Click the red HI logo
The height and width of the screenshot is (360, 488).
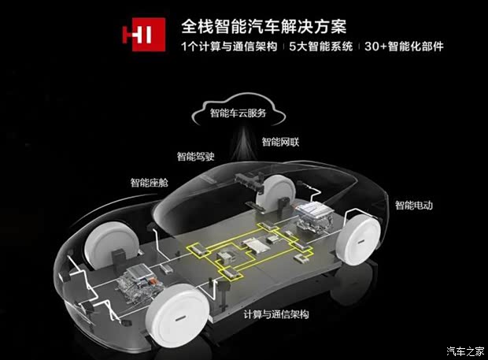click(144, 34)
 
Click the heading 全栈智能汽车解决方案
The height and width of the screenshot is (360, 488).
click(264, 27)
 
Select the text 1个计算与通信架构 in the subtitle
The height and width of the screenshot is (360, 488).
click(229, 46)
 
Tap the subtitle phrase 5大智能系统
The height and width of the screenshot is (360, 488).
click(321, 46)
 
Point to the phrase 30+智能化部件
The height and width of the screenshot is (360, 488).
click(404, 46)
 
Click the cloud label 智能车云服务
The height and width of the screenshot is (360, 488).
click(238, 113)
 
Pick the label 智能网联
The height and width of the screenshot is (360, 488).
click(280, 142)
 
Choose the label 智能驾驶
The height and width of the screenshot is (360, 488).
click(196, 156)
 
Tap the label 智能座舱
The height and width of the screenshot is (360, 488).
click(149, 183)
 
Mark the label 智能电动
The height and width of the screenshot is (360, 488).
click(414, 206)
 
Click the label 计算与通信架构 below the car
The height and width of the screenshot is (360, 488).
click(276, 314)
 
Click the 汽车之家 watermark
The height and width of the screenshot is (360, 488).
click(465, 351)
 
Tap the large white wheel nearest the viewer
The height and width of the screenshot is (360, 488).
click(178, 316)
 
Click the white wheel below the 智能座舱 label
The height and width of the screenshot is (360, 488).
click(109, 243)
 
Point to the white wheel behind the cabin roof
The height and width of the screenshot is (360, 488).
click(275, 191)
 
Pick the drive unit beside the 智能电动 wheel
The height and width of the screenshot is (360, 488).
click(314, 216)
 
